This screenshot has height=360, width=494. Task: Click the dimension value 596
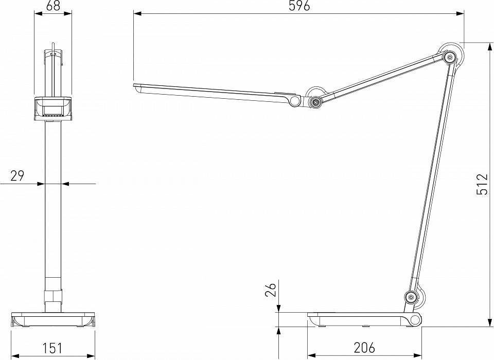point(298,7)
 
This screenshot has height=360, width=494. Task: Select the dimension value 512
point(482,184)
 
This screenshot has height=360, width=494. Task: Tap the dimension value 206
point(364,348)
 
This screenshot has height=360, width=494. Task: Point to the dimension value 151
point(52,348)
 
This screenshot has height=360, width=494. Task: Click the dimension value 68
point(52,7)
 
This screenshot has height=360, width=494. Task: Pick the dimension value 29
point(17,176)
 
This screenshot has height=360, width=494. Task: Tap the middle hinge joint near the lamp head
point(314,101)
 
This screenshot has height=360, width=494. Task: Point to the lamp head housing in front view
point(52,108)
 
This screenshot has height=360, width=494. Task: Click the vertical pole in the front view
point(52,206)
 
